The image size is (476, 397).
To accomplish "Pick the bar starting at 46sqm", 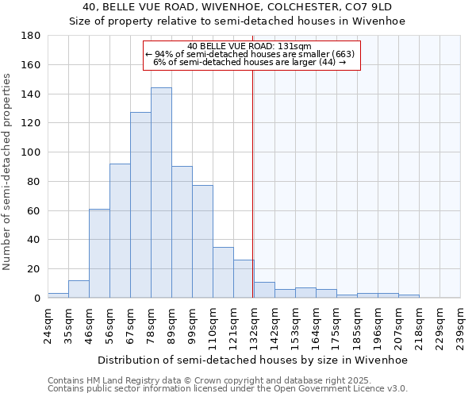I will [x=99, y=253].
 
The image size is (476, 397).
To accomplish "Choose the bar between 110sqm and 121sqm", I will [x=223, y=272].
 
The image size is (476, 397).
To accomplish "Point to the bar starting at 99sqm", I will [x=202, y=241].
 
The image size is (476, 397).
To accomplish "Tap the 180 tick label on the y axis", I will [x=31, y=36].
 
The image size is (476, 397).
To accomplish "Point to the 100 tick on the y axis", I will [x=31, y=152].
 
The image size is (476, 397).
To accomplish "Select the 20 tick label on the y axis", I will [x=34, y=269].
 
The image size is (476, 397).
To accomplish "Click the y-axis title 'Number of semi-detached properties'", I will [x=7, y=171].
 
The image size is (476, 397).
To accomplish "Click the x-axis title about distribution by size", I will [x=252, y=360].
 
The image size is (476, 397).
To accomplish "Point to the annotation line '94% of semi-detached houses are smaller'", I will [x=251, y=54].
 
